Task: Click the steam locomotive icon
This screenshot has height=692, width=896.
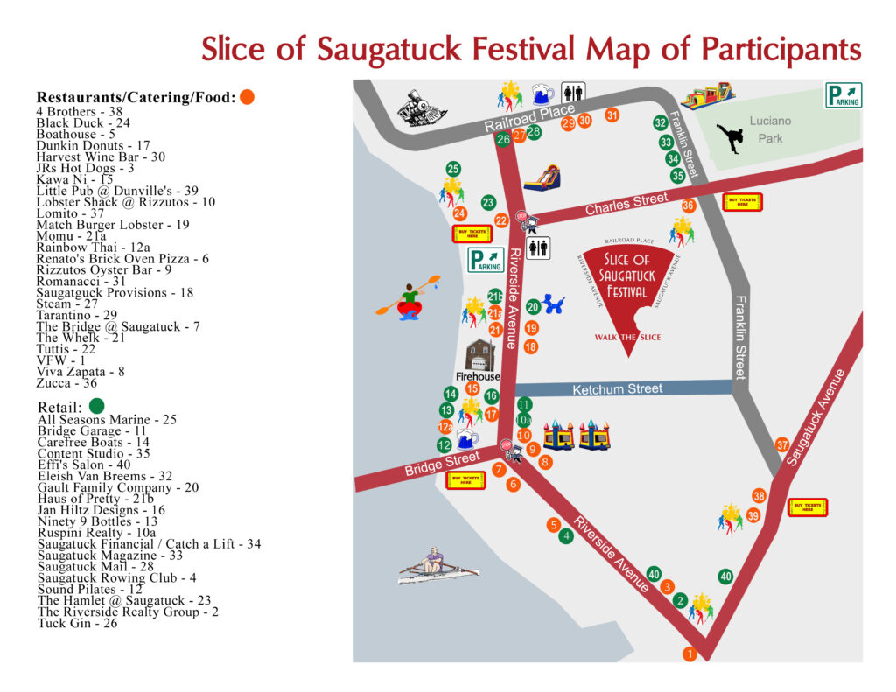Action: pyautogui.click(x=422, y=109)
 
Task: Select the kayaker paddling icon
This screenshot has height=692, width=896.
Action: pyautogui.click(x=408, y=297)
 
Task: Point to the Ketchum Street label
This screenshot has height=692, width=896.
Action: pyautogui.click(x=617, y=388)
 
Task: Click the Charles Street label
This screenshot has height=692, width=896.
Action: pyautogui.click(x=626, y=204)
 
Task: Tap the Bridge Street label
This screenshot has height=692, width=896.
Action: pyautogui.click(x=442, y=464)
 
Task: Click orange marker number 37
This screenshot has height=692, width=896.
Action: pyautogui.click(x=782, y=445)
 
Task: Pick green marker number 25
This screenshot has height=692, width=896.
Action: pyautogui.click(x=452, y=169)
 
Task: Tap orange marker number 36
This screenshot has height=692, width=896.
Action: pyautogui.click(x=689, y=206)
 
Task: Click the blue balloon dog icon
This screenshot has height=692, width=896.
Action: pyautogui.click(x=552, y=304)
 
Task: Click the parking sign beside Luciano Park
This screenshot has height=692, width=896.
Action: pyautogui.click(x=843, y=94)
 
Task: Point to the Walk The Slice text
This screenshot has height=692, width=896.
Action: pyautogui.click(x=627, y=338)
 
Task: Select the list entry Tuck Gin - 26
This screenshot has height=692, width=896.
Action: pyautogui.click(x=77, y=624)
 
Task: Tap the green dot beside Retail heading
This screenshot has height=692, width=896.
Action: pyautogui.click(x=96, y=405)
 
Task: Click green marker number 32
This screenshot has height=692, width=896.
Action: pyautogui.click(x=660, y=123)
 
